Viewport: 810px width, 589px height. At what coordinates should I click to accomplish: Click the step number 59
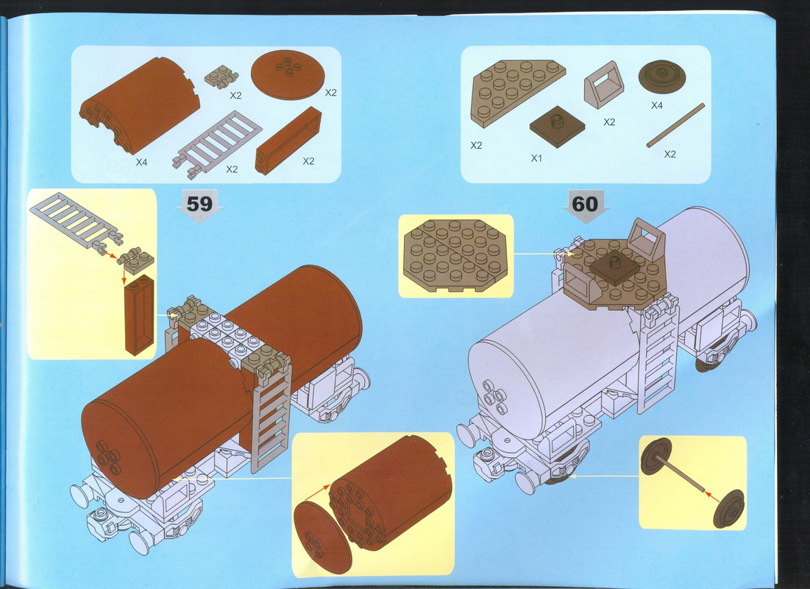(199, 204)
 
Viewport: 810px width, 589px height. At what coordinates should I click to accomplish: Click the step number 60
(585, 204)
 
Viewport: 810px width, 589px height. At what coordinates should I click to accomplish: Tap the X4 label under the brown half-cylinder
(141, 163)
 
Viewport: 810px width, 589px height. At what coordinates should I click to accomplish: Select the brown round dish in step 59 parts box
(287, 75)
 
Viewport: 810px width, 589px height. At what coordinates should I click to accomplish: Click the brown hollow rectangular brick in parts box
(288, 141)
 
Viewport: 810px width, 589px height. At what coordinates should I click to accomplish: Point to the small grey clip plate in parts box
(221, 77)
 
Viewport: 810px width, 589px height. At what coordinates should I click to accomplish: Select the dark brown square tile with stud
(557, 126)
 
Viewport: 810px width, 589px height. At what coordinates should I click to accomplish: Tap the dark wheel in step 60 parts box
(662, 78)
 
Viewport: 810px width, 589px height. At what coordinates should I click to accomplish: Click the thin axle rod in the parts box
(675, 125)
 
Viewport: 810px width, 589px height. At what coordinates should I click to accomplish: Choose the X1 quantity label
(537, 158)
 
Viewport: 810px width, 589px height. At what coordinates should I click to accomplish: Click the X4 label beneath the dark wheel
(656, 105)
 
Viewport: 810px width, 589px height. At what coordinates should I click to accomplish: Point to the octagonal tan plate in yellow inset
(455, 255)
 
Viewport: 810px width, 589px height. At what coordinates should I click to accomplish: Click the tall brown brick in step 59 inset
(140, 315)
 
